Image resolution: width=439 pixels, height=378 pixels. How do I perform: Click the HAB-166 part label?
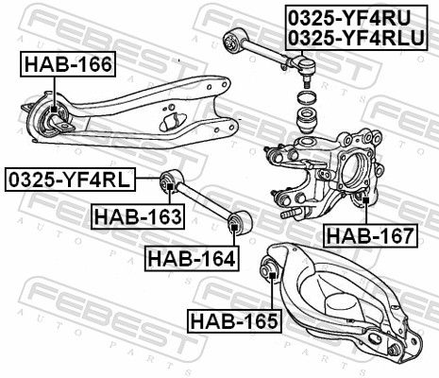tap(68, 64)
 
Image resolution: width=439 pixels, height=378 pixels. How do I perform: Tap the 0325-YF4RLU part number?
tap(355, 36)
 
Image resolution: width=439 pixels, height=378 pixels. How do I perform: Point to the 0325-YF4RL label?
tap(70, 179)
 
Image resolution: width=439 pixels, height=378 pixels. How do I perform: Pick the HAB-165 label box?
tap(233, 321)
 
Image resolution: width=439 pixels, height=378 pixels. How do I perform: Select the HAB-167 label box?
tap(369, 234)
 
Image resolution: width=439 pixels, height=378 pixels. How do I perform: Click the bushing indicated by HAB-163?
tap(170, 180)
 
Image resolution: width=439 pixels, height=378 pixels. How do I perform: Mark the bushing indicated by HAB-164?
tap(238, 223)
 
